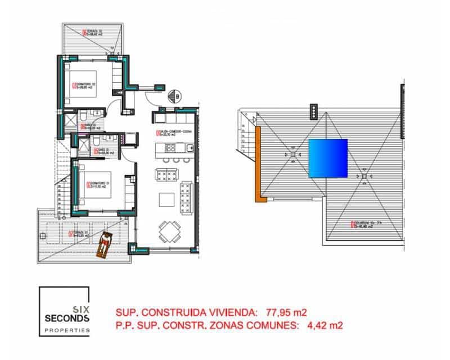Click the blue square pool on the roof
pos(328,159)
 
